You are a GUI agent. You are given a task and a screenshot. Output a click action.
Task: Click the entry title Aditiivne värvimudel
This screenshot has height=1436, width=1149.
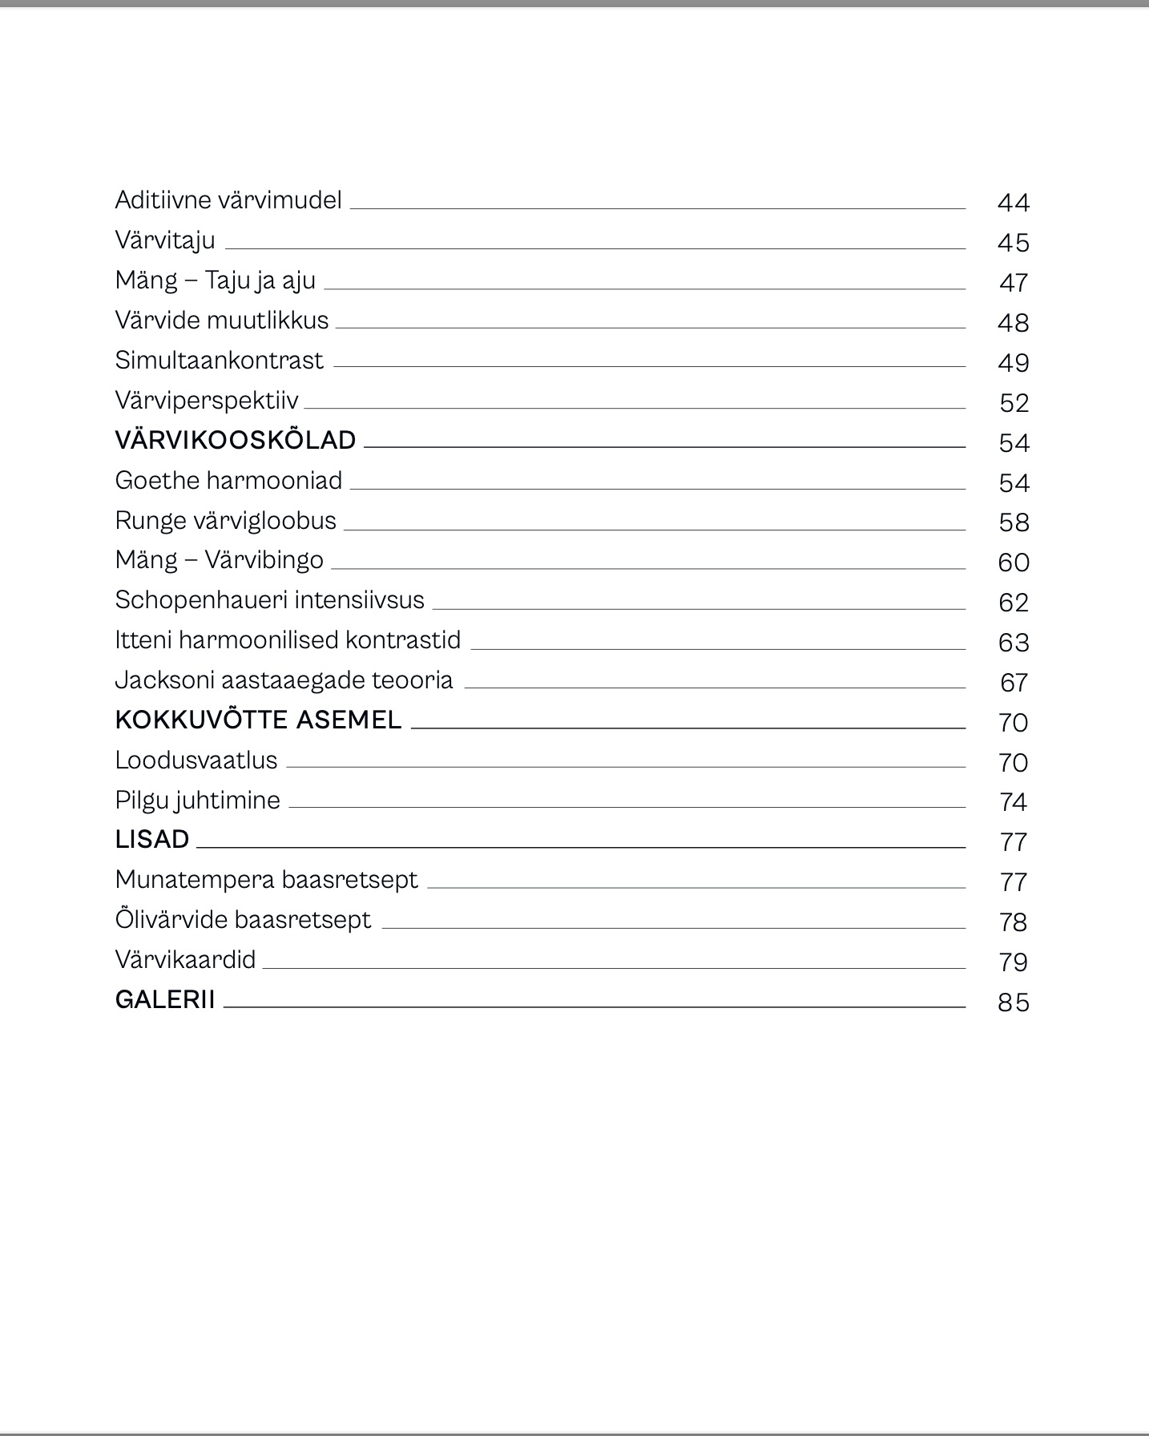point(228,200)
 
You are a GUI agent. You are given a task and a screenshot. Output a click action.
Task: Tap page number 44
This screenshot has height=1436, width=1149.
point(1013,203)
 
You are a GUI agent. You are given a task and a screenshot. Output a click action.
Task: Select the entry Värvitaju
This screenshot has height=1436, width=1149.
point(165,240)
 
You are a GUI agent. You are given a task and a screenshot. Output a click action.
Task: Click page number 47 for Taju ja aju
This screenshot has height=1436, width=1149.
point(1014,283)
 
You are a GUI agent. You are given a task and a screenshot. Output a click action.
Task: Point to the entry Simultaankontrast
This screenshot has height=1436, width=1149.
point(219,361)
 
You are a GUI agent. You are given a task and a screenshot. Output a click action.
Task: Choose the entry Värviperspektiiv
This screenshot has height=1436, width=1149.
point(207,401)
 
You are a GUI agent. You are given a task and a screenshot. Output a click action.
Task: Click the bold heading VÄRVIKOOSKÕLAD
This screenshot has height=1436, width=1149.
point(236,440)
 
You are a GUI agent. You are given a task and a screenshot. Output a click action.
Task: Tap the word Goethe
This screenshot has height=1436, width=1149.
point(157,480)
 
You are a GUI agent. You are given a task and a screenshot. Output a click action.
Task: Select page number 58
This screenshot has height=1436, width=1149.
point(1014,522)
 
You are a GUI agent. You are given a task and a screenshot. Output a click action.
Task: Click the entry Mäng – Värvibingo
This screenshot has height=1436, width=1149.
point(219,560)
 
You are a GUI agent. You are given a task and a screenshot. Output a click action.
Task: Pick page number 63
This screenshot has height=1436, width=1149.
point(1014,643)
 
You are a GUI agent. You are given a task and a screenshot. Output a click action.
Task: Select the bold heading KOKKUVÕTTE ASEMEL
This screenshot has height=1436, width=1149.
point(258,720)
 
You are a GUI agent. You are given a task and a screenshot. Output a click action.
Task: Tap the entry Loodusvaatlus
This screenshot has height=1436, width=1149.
point(196,760)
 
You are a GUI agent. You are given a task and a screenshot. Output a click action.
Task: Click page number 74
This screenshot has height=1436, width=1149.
point(1014,802)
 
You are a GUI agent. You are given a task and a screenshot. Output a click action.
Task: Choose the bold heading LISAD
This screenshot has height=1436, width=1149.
point(152,839)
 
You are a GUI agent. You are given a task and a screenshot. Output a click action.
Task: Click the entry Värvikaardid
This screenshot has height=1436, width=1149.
point(185,959)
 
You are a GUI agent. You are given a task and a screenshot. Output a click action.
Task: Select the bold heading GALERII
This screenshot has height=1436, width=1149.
point(165,999)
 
